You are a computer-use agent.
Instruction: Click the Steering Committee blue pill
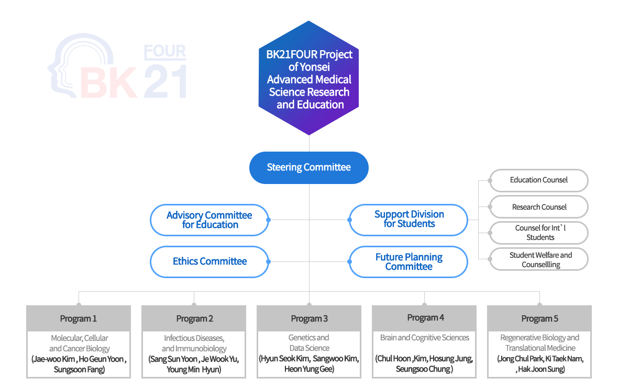coord(308,167)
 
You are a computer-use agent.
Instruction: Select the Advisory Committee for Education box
coord(209,220)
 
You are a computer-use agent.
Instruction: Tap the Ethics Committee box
coord(209,261)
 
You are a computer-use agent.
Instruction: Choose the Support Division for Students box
coord(409,220)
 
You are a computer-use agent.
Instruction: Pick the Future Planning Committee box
coord(409,262)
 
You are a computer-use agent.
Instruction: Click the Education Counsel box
coord(538,180)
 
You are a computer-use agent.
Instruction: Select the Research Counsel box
coord(538,207)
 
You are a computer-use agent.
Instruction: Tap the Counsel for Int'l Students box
coord(538,233)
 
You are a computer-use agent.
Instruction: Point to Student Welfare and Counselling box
coord(538,260)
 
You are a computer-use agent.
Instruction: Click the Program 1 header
coord(79,318)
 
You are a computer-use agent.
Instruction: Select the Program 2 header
coord(194,318)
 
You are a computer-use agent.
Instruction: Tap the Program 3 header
coord(309,318)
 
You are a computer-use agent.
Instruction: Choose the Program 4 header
coord(424,318)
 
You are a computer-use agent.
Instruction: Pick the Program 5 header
coord(539,318)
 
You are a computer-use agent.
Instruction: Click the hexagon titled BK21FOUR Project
coord(308,78)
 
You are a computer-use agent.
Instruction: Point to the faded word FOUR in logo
coord(164,51)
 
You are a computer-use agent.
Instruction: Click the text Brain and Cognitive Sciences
coord(424,338)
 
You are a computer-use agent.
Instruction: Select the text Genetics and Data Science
coord(309,343)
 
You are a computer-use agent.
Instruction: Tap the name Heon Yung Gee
coord(309,369)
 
